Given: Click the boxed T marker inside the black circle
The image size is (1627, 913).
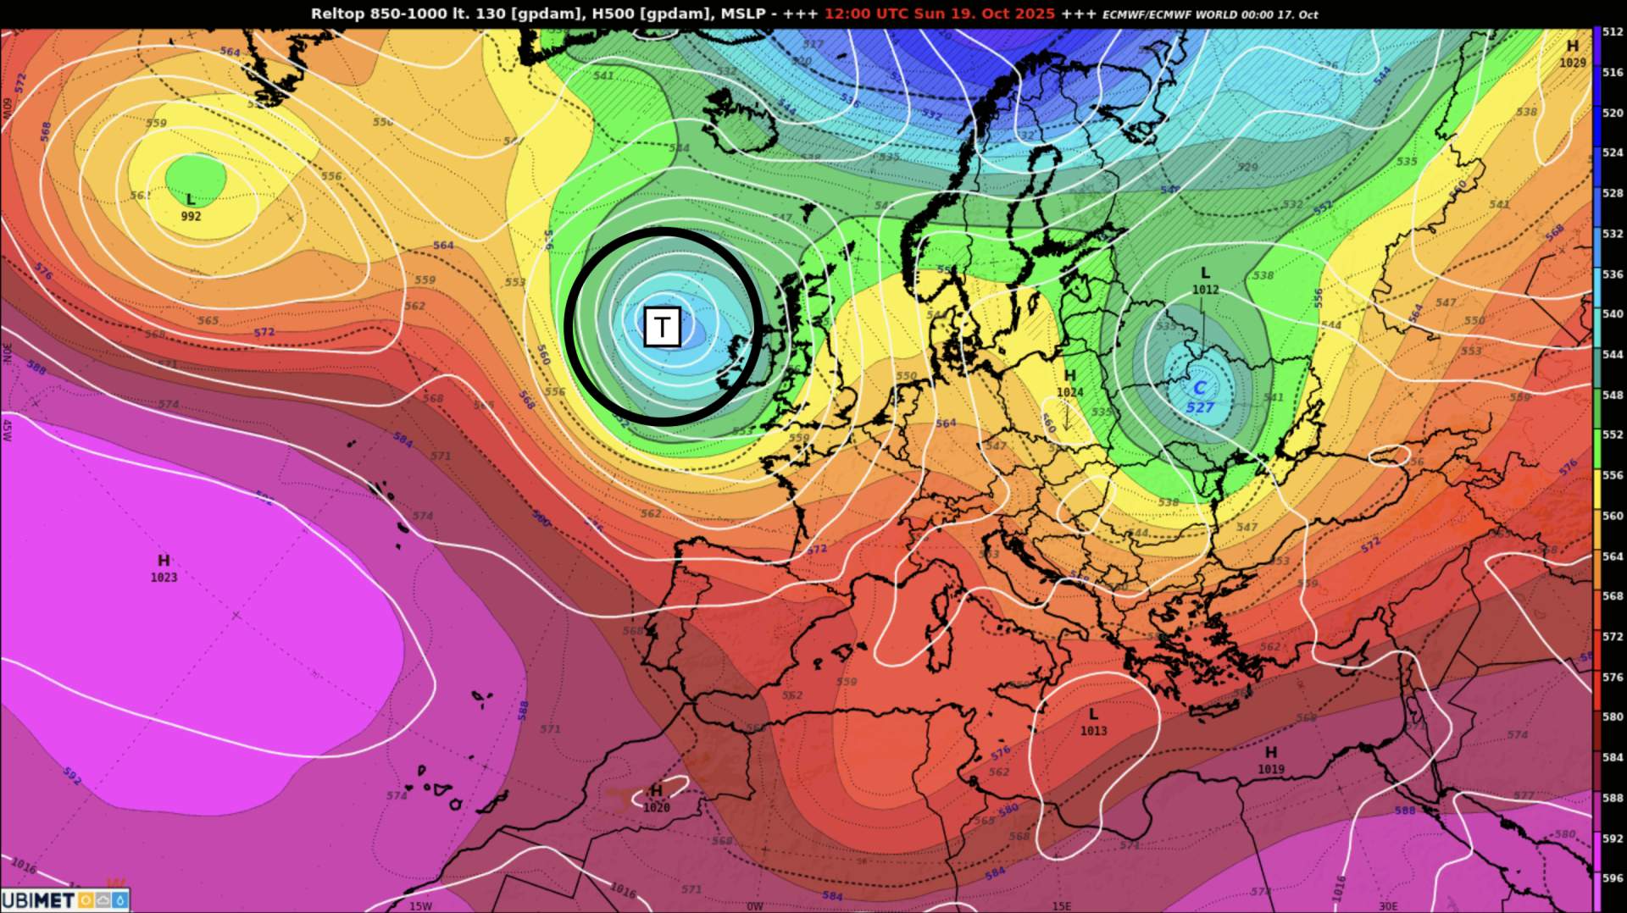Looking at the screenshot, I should coord(662,327).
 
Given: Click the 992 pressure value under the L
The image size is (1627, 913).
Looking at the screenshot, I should coord(191,217).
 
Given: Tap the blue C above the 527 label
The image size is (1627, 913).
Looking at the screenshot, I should coord(1199,389).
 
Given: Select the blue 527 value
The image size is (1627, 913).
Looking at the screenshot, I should coord(1200,407).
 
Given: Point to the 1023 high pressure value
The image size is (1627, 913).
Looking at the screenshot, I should coord(164,578).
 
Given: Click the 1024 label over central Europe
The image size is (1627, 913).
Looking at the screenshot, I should coord(1069,392).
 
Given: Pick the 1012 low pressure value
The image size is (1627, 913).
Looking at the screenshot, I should coord(1205,290).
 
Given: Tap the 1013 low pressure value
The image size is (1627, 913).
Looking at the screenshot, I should coord(1093,731).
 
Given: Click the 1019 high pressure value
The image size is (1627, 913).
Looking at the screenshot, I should coord(1271,769).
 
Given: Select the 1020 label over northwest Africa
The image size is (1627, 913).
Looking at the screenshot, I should coord(656,808).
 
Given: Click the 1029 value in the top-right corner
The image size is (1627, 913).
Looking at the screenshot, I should coord(1572,63).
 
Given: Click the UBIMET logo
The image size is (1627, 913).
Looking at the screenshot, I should coord(64,899).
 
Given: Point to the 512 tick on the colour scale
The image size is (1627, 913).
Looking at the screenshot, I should coord(1612,33).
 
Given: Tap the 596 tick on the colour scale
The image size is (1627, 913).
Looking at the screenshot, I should coord(1612,878).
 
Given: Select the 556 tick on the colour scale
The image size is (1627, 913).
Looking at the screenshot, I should coord(1612,475).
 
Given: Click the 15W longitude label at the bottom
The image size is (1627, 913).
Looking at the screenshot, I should coord(420,905).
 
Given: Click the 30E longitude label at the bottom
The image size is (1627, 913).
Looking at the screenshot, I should coord(1387,905).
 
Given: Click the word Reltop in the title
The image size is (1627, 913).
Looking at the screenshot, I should coord(337,14).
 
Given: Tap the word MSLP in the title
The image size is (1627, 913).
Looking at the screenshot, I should coord(742,14).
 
